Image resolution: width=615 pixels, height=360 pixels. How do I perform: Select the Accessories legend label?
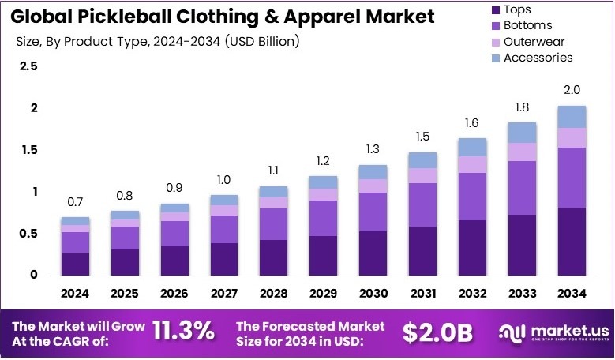click(x=538, y=58)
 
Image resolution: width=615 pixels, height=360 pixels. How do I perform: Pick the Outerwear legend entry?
click(x=534, y=42)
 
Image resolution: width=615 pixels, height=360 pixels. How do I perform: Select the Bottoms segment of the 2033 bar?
click(x=523, y=188)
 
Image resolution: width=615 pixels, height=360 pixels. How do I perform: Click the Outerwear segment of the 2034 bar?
click(x=572, y=137)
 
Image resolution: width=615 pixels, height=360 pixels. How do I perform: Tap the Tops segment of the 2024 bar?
click(x=75, y=264)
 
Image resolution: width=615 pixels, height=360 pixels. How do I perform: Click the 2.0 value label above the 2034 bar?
click(x=572, y=91)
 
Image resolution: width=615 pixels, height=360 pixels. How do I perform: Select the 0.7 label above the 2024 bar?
click(x=75, y=203)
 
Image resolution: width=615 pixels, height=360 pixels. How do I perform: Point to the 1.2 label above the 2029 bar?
click(x=324, y=161)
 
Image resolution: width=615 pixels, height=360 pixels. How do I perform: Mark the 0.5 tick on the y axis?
click(x=28, y=234)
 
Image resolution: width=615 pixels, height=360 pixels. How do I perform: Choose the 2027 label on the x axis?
click(x=224, y=294)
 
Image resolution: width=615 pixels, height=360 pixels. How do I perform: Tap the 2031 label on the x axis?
click(x=423, y=294)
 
